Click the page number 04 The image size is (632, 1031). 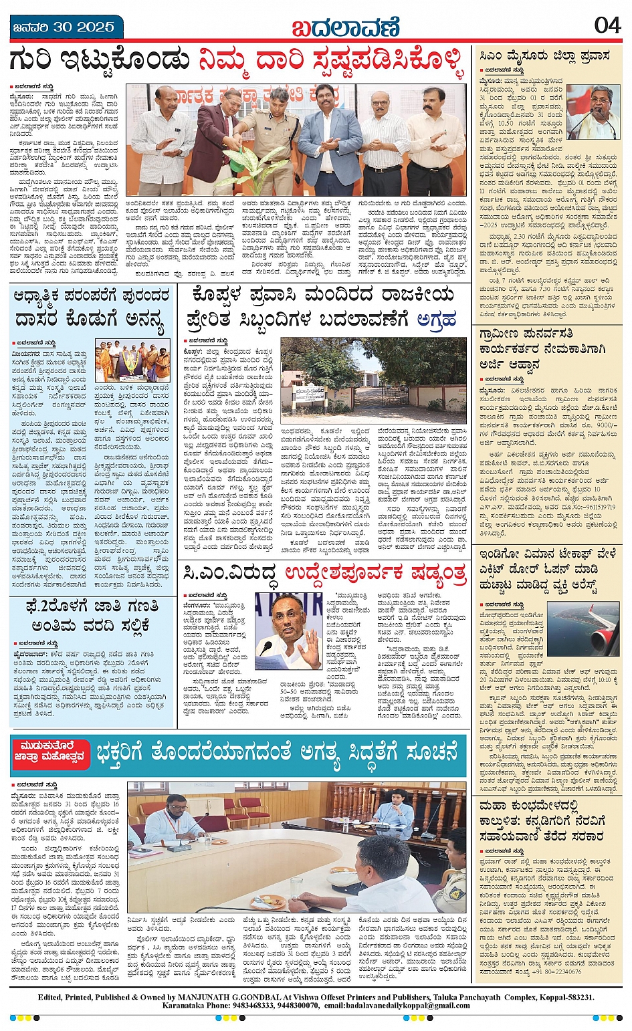[x=607, y=25]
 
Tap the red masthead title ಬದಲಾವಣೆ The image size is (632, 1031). [x=344, y=28]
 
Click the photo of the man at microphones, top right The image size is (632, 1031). [x=593, y=112]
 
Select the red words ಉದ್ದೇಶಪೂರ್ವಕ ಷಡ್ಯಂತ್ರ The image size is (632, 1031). [x=375, y=573]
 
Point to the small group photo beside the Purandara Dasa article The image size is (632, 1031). [x=132, y=360]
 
